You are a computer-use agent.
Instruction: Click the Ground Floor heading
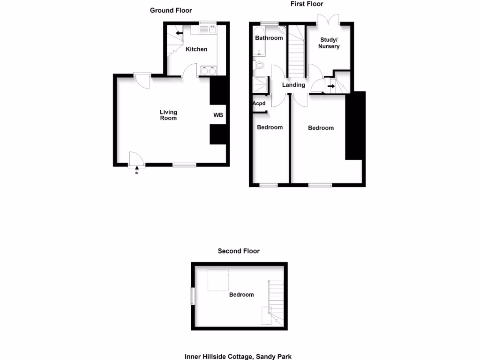pos(171,10)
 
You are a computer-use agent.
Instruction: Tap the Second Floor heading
pos(239,251)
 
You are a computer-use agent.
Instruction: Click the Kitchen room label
pos(196,49)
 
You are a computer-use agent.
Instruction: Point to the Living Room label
pos(168,115)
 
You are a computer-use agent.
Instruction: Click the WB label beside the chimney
pos(218,115)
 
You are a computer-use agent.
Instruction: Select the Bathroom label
pos(269,38)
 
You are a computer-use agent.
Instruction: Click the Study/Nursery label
pos(329,43)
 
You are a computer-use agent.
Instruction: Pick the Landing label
pos(293,85)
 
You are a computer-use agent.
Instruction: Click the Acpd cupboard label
pos(259,104)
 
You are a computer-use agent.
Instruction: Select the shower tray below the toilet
pos(259,85)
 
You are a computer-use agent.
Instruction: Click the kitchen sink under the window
pos(206,30)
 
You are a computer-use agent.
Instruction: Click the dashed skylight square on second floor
pos(218,280)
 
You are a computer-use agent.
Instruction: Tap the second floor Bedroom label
pos(241,295)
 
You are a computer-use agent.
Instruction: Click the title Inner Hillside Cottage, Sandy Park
pos(238,357)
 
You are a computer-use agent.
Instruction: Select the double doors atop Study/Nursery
pos(328,19)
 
